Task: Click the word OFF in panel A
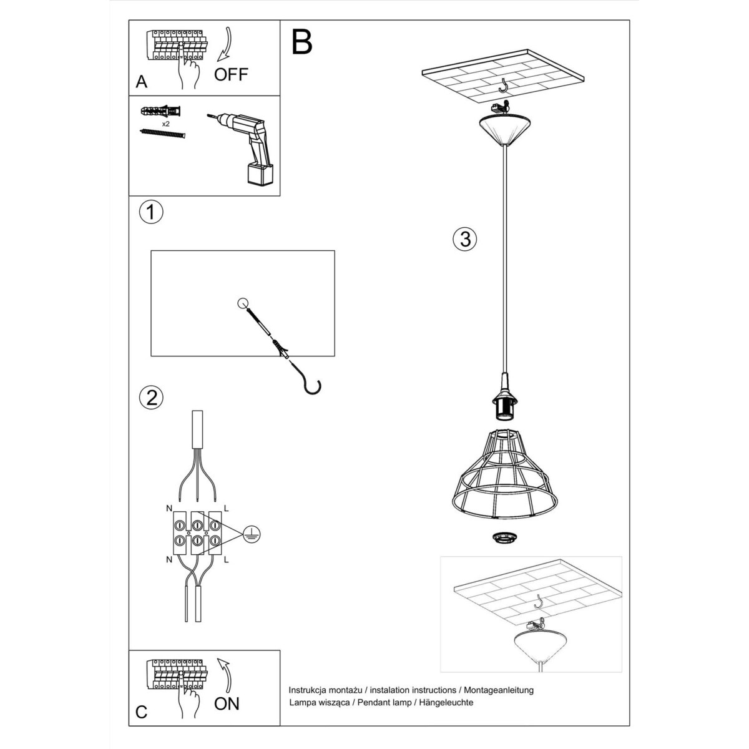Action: tap(231, 75)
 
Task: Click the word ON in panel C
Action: tap(227, 703)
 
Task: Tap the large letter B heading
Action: tap(301, 42)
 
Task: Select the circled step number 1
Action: tap(150, 212)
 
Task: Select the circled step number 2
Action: tap(151, 397)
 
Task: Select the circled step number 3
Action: tap(464, 238)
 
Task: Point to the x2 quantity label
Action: tap(167, 124)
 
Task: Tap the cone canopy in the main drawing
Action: tap(503, 129)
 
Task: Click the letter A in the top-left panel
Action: tap(141, 82)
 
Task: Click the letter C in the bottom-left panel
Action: tap(142, 712)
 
